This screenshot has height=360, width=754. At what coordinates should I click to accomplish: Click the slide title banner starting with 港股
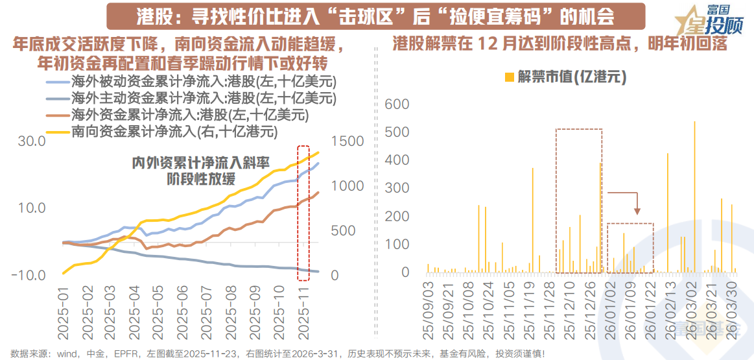(375, 16)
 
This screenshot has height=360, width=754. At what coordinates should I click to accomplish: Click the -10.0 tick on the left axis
(27, 275)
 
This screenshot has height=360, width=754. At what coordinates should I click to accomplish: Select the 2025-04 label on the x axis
(136, 311)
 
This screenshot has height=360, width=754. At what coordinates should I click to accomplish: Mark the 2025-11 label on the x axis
(302, 311)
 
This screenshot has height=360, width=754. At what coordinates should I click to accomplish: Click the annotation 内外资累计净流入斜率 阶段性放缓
(200, 170)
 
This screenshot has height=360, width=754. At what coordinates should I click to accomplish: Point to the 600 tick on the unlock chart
(397, 104)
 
